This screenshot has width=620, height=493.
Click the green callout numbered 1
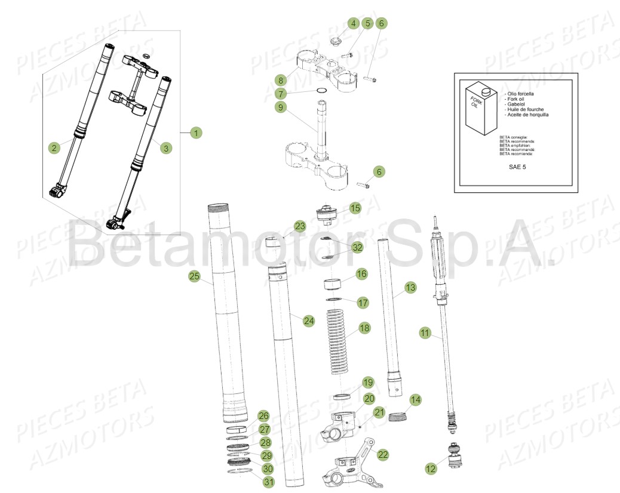pos(196,133)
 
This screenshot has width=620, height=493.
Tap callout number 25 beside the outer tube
pos(194,276)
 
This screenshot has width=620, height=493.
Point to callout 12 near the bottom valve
pos(431,470)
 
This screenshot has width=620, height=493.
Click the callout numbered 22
pos(383,455)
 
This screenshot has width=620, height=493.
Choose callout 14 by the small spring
pos(415,400)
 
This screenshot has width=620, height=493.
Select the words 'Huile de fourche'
pos(526,109)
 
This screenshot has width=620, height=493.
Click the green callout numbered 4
pos(353,23)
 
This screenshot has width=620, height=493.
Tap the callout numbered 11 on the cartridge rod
pos(425,334)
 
